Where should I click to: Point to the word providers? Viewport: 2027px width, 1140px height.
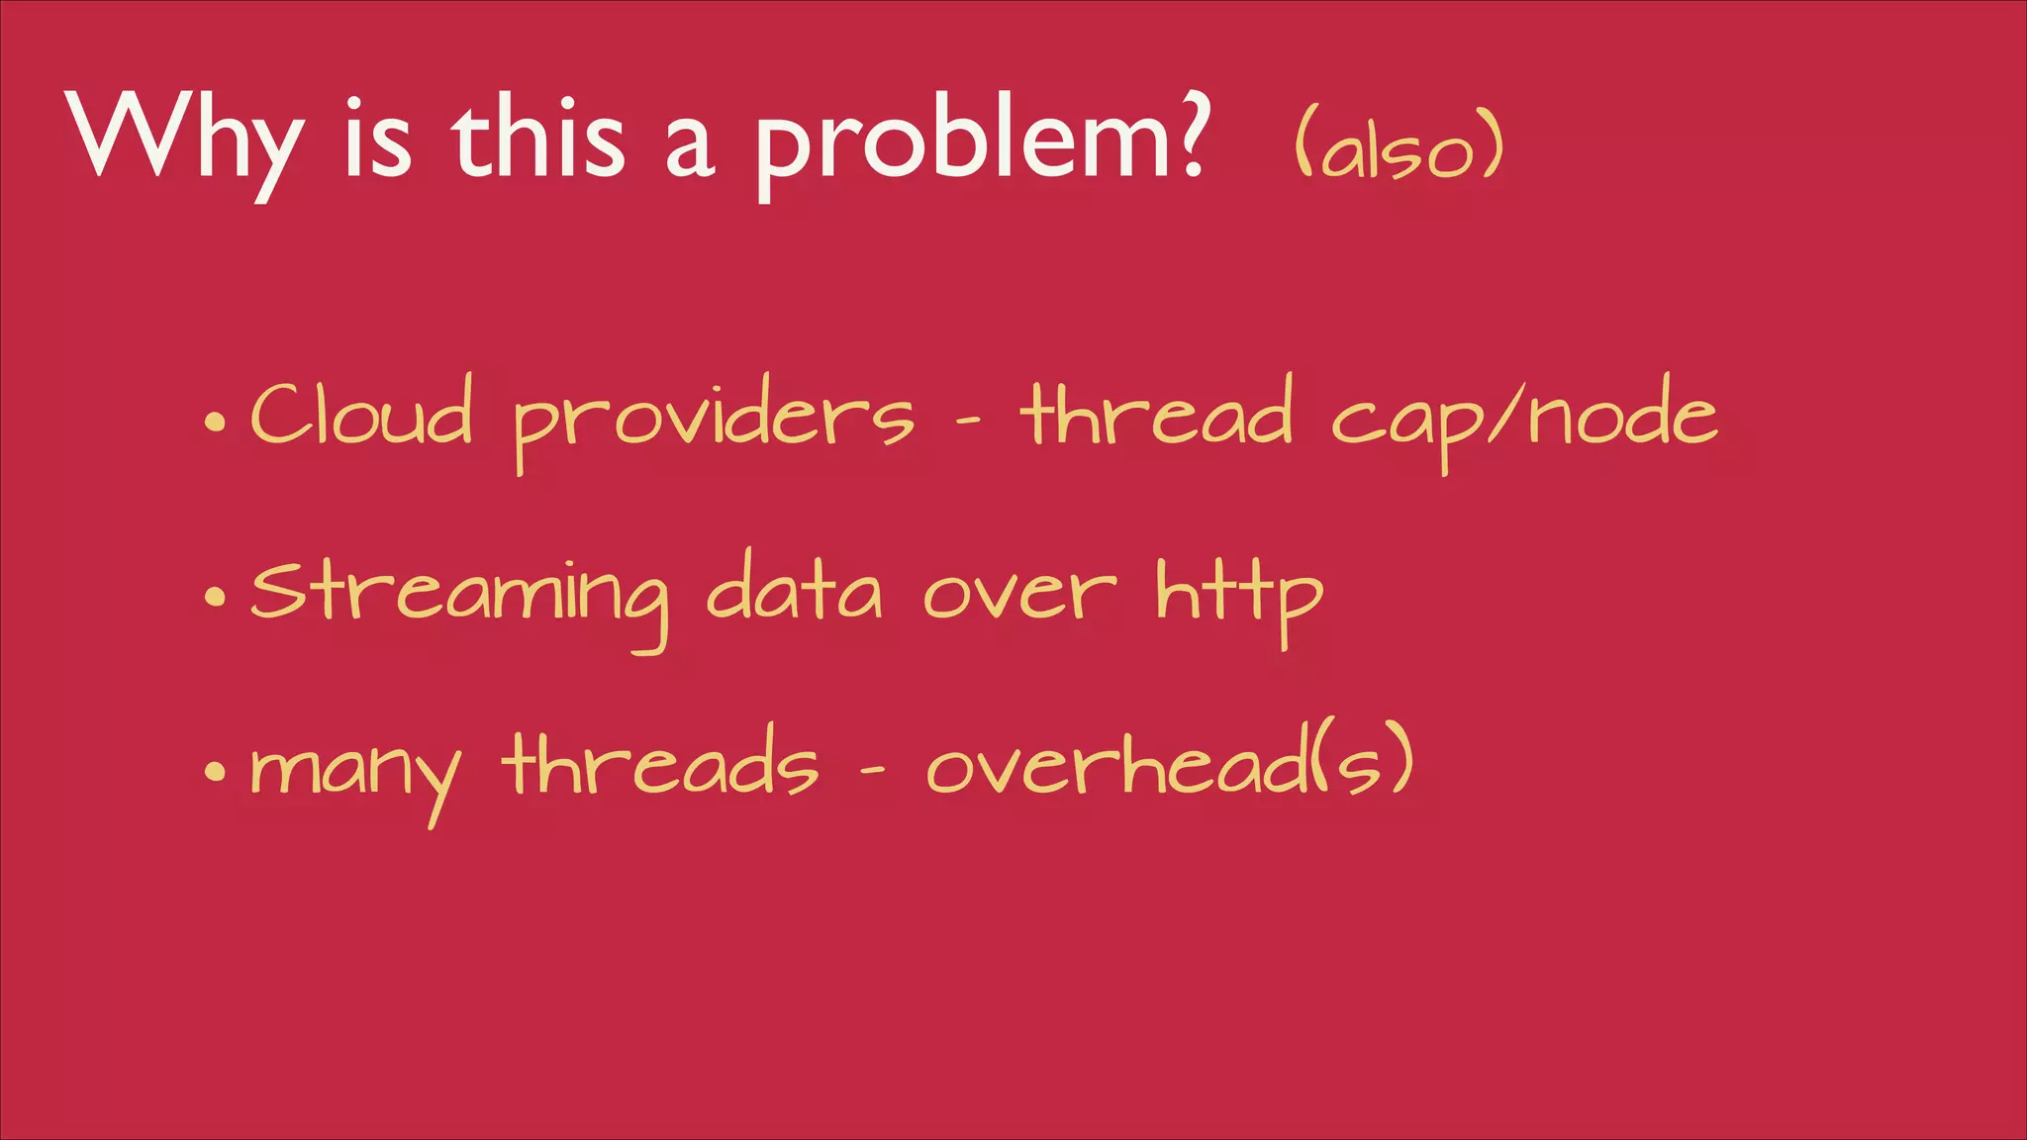(x=713, y=421)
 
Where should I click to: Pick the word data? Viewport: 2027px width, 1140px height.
(x=794, y=588)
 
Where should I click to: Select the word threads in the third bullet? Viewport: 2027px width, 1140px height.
(x=660, y=764)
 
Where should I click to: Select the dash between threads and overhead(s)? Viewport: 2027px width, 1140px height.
(x=871, y=773)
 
